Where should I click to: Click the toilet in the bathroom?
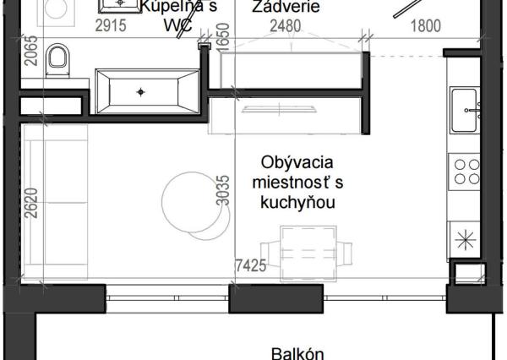point(57,58)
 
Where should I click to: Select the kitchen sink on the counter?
point(468,110)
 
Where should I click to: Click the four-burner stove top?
point(466,172)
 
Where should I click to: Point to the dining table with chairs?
point(308,251)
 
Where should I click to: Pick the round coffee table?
point(191,202)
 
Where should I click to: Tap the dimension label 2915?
point(110,26)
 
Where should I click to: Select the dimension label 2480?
point(285,26)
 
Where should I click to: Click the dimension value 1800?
point(425,26)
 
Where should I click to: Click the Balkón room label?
point(296,352)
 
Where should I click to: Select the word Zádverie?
point(285,8)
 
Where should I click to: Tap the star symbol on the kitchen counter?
point(464,240)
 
